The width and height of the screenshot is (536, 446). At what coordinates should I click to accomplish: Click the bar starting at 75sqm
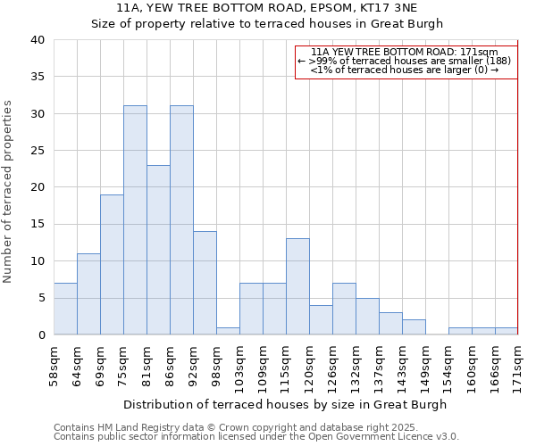coord(135,220)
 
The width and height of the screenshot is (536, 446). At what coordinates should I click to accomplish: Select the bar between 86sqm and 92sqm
coord(181,220)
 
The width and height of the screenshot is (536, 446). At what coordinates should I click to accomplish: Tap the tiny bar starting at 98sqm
coord(228,331)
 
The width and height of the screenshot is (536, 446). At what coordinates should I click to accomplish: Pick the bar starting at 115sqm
coord(297,286)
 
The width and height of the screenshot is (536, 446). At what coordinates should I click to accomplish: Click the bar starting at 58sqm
coord(65,309)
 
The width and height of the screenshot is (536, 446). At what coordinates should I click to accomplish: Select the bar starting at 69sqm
coord(112,265)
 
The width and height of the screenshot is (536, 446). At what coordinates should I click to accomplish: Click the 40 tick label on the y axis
coord(37,40)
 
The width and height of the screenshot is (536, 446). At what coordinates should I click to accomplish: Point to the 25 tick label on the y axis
coord(37,151)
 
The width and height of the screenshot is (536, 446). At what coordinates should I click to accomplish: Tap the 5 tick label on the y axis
coord(40,298)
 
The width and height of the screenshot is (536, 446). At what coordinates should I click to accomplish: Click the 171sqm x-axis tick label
coord(518,366)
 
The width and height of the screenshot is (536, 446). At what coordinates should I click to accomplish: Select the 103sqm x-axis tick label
coord(239,366)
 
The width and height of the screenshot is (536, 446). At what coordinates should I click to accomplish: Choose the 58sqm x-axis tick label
coord(54,366)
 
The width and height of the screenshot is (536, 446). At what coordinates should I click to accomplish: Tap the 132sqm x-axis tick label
coord(356,366)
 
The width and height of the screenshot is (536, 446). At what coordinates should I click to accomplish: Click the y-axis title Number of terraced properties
coord(9,191)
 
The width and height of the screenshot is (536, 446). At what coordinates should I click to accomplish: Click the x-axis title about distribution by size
coord(285,404)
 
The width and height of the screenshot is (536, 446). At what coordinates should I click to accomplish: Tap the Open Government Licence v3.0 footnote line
coord(256,436)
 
